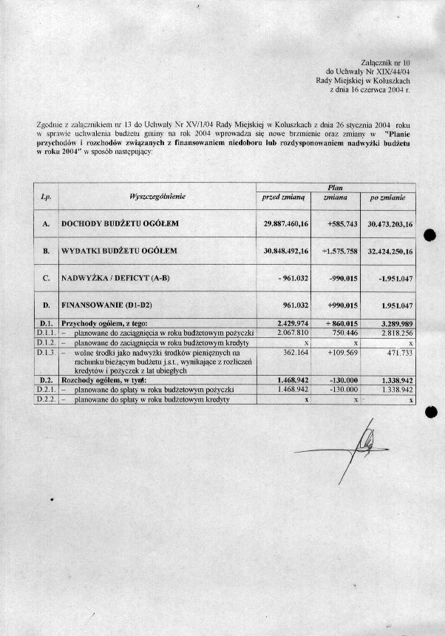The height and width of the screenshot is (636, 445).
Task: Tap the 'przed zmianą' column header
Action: tap(285, 197)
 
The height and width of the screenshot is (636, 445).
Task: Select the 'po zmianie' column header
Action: tap(387, 197)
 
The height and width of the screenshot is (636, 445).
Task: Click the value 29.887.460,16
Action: tap(285, 223)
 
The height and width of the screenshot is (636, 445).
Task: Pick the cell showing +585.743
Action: tap(342, 223)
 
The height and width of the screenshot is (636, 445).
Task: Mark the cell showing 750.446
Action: tap(344, 334)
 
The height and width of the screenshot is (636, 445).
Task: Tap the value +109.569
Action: tap(342, 353)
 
